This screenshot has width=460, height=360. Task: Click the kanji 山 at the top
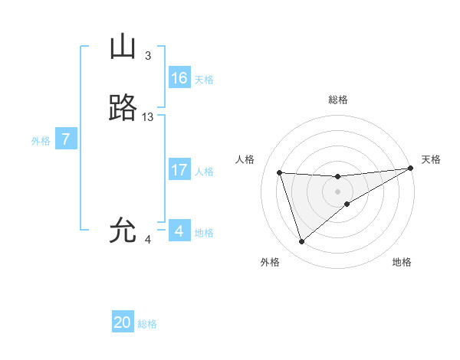coord(123,48)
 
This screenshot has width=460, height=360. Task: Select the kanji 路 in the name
coord(123,110)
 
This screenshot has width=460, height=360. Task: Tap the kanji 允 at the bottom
coord(123,231)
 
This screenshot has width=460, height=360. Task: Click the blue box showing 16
coord(179,78)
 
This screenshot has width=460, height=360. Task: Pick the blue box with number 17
coord(179,170)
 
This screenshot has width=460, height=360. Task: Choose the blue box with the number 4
coord(179,231)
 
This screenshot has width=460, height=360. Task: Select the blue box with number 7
coord(66,139)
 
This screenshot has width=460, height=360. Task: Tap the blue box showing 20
coord(123,322)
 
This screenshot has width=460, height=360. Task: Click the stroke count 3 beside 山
coord(148,56)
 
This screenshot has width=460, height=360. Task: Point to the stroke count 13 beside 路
coord(148,117)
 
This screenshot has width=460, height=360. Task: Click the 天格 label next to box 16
coord(204,80)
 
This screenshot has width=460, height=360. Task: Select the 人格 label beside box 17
coord(204,172)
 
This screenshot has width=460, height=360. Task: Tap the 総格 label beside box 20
coord(147,324)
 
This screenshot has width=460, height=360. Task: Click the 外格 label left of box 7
coord(40,141)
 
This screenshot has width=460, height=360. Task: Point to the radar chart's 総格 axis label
coord(337,100)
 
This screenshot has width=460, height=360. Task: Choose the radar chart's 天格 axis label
coord(431,159)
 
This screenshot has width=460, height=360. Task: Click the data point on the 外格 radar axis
coord(301,242)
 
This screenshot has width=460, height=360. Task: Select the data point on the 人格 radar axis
coord(280,173)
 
